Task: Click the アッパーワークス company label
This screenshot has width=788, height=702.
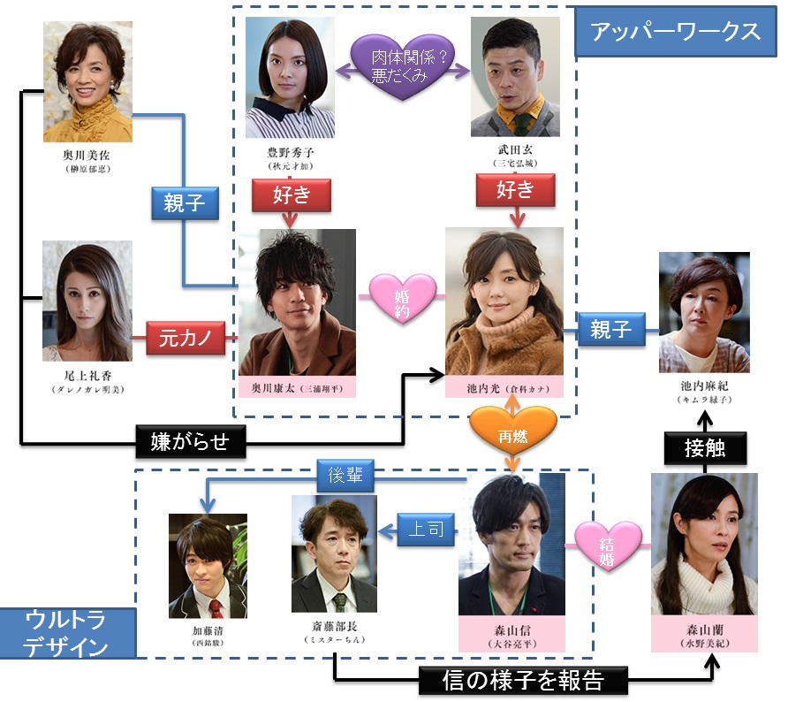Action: (676, 32)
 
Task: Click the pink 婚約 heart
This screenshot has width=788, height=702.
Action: (401, 298)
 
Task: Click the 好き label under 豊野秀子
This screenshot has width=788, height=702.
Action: (290, 194)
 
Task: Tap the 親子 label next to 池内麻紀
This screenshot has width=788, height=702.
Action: (610, 330)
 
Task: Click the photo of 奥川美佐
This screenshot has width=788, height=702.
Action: (87, 81)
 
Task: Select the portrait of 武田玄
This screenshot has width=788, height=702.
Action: (517, 77)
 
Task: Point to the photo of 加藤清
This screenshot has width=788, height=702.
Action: (208, 566)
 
